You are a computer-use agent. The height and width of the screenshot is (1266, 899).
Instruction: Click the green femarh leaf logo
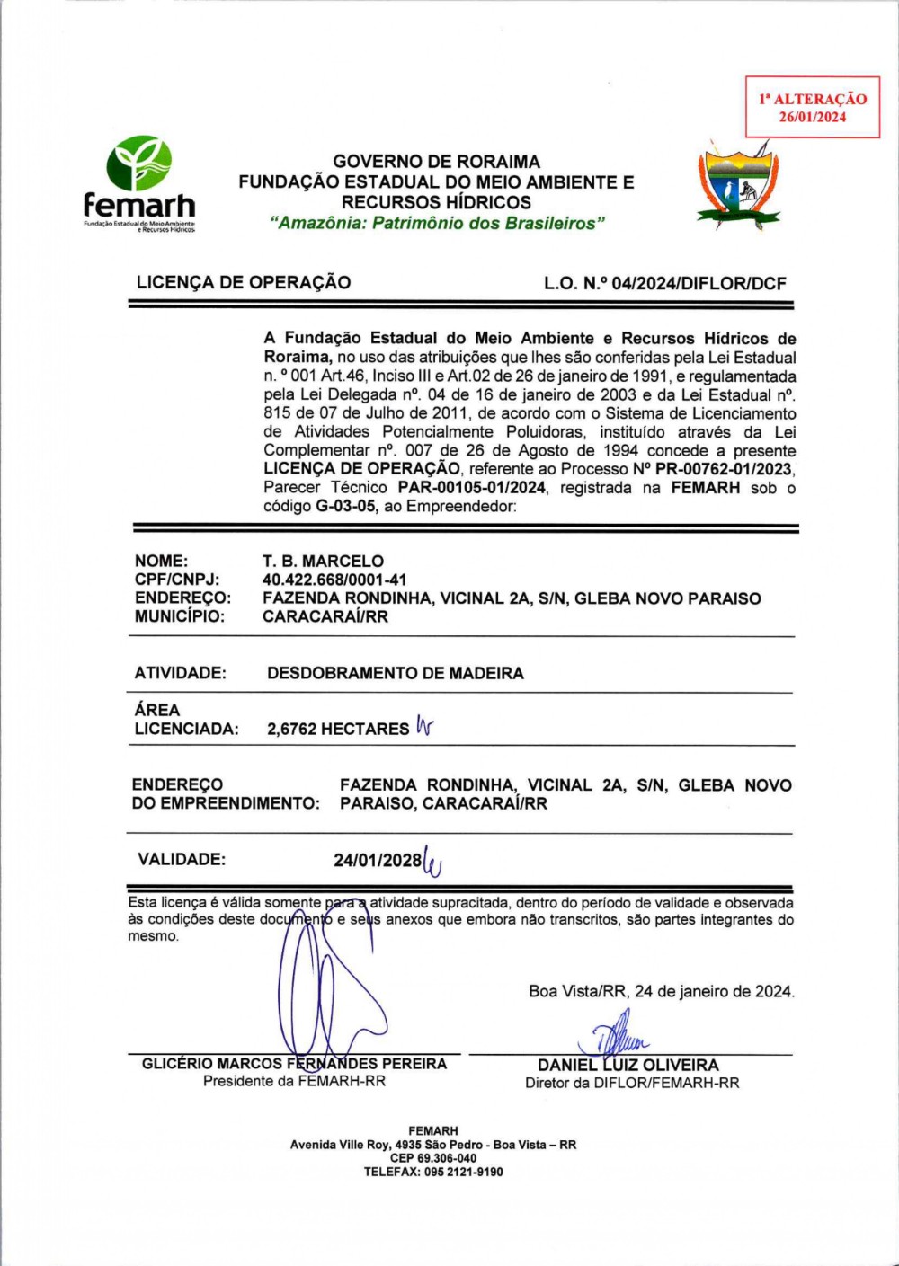[138, 164]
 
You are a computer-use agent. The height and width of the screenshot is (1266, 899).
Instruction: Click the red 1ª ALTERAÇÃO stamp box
[813, 107]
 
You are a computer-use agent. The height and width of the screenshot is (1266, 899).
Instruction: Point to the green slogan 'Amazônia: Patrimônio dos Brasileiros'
[437, 224]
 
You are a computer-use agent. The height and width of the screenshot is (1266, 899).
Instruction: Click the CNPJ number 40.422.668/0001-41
[334, 580]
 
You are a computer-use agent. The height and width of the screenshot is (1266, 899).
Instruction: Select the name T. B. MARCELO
[323, 562]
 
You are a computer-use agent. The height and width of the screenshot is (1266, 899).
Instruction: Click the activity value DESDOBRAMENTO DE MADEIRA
[395, 673]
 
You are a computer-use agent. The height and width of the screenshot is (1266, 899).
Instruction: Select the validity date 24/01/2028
[378, 860]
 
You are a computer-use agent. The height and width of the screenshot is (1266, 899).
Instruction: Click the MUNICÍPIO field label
[179, 616]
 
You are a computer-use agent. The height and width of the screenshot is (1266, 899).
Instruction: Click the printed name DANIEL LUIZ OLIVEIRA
[628, 1066]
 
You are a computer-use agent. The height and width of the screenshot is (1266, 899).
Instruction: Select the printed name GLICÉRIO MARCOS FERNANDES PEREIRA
[294, 1064]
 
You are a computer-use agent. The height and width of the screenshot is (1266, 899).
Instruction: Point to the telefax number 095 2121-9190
[463, 1172]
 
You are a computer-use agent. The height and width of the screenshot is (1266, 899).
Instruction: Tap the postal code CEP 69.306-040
[433, 1158]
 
